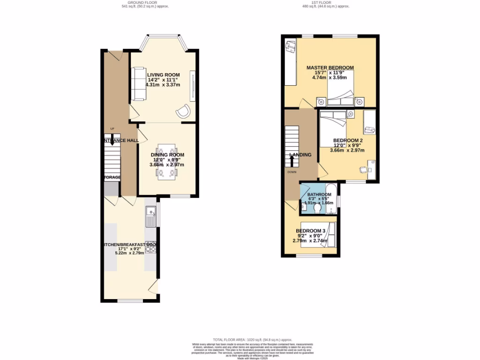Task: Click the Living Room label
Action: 163,75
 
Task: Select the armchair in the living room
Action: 183,111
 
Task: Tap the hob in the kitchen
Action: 151,247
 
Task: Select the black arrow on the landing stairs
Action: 292,160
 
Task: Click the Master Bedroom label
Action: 330,67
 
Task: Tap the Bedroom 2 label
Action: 348,140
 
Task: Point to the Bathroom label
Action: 320,195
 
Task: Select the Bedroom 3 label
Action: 310,231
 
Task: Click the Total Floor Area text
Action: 253,339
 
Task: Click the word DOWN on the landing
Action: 292,172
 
